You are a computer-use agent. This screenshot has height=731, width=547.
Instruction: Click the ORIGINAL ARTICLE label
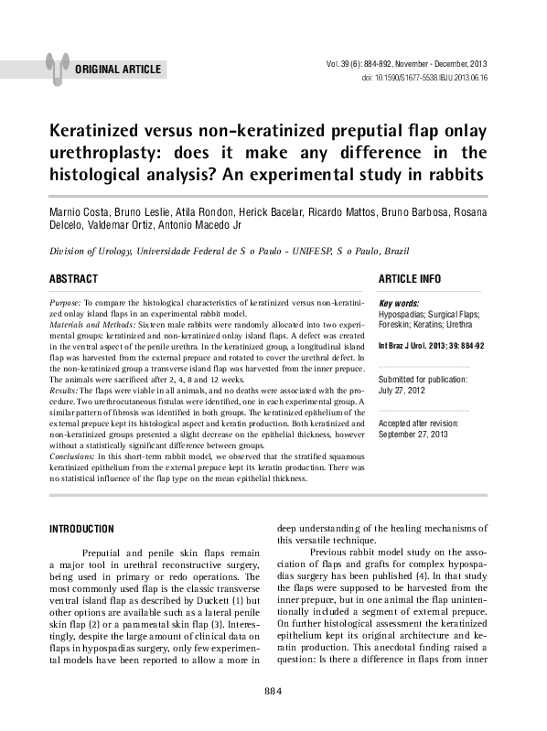point(118,70)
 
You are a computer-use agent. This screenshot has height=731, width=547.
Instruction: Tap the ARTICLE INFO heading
point(409,278)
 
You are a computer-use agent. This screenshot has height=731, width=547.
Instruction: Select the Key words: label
point(399,303)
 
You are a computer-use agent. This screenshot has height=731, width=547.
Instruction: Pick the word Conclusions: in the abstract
point(76,455)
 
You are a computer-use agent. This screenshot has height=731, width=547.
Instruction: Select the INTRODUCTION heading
point(81,529)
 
